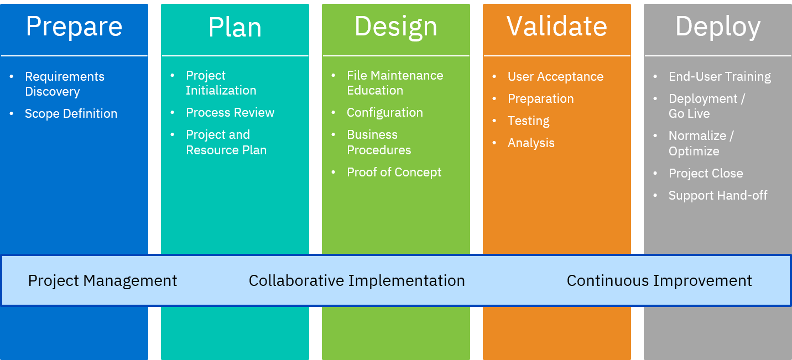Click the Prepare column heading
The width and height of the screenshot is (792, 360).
coord(74,27)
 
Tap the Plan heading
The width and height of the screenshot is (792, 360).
coord(235,27)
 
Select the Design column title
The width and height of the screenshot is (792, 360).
coord(395,27)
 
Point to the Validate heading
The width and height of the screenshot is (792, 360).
coord(556,26)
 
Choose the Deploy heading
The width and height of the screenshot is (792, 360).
coord(717,27)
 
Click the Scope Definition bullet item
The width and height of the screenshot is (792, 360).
coord(71,114)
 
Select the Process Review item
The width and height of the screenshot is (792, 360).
coord(230,113)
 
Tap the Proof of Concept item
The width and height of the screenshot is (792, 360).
coord(394,173)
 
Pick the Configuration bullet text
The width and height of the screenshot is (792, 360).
coord(384,113)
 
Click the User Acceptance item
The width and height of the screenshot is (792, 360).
coord(555,77)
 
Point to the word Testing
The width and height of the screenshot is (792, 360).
coord(528,121)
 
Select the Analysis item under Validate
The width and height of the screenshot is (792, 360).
coord(531,143)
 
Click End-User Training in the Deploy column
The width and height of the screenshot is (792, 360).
coord(720,77)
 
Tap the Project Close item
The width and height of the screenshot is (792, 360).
coord(705,174)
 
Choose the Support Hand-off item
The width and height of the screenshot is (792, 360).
coord(718,196)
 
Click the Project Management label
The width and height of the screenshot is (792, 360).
coord(103,281)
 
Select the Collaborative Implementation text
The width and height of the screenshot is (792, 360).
coord(357,281)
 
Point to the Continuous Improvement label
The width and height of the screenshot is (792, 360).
coord(659,281)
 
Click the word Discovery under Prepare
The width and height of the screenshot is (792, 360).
coord(52,92)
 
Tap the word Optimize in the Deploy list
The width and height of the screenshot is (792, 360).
coord(694,152)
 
